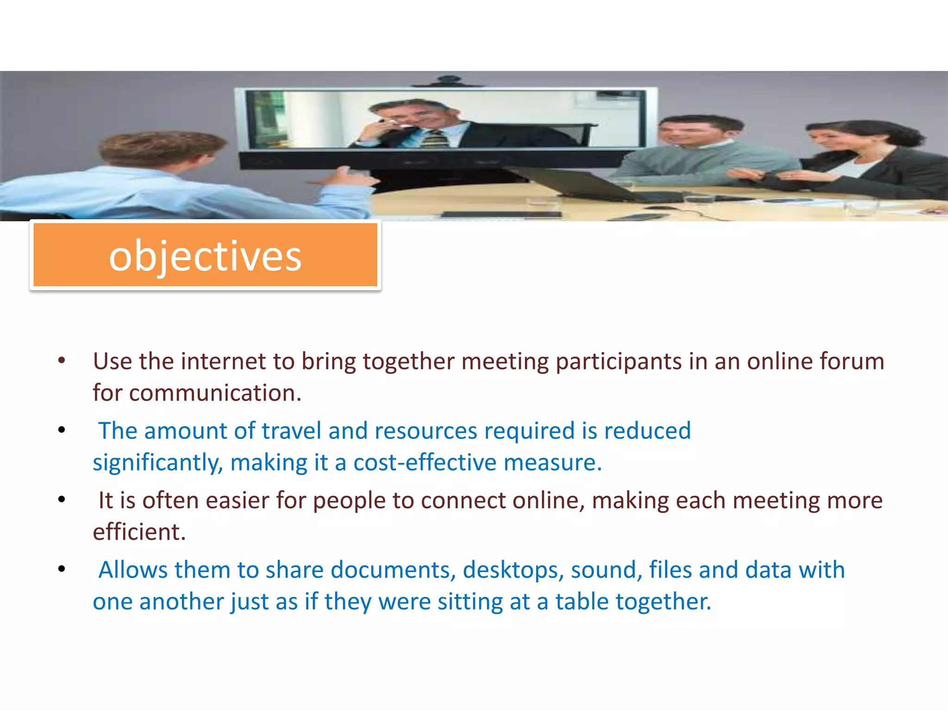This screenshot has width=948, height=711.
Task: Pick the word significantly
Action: [158, 463]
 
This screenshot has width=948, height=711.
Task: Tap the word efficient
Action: [139, 532]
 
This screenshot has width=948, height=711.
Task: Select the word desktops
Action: [513, 570]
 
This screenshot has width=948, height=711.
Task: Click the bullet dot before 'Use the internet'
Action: [62, 361]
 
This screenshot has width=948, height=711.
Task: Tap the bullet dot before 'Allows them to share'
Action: [62, 569]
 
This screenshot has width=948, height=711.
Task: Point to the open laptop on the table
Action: [579, 183]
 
